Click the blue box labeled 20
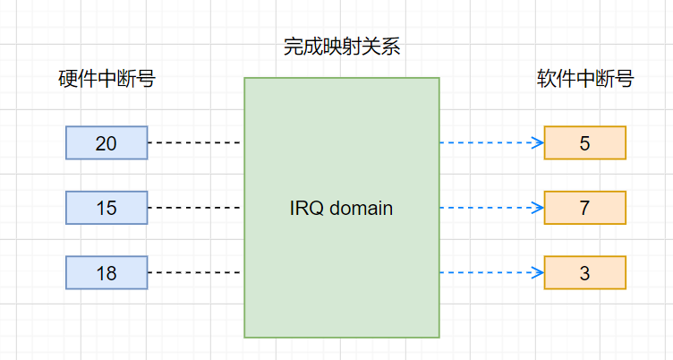pyautogui.click(x=106, y=142)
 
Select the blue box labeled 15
pyautogui.click(x=106, y=208)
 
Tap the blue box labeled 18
pyautogui.click(x=106, y=272)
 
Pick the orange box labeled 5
pyautogui.click(x=584, y=142)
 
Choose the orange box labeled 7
pyautogui.click(x=584, y=208)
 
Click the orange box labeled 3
pyautogui.click(x=584, y=272)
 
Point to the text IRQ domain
pyautogui.click(x=342, y=209)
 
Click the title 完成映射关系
pyautogui.click(x=342, y=47)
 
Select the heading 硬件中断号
pyautogui.click(x=106, y=79)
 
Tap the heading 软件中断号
pyautogui.click(x=585, y=79)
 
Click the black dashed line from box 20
pyautogui.click(x=195, y=142)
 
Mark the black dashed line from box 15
pyautogui.click(x=195, y=208)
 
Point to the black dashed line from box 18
pyautogui.click(x=195, y=272)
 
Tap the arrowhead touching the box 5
pyautogui.click(x=539, y=142)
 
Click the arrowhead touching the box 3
pyautogui.click(x=539, y=272)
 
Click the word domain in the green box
pyautogui.click(x=362, y=209)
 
